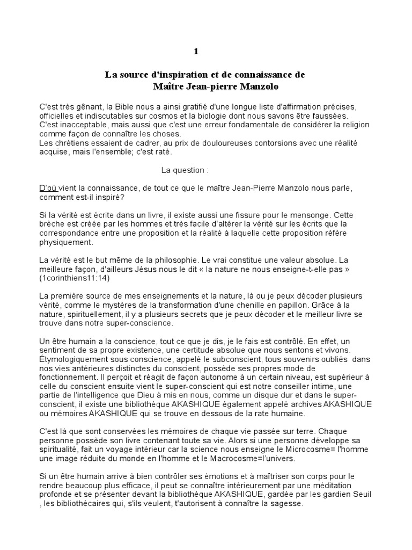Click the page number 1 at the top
coord(196,52)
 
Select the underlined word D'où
coord(48,188)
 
